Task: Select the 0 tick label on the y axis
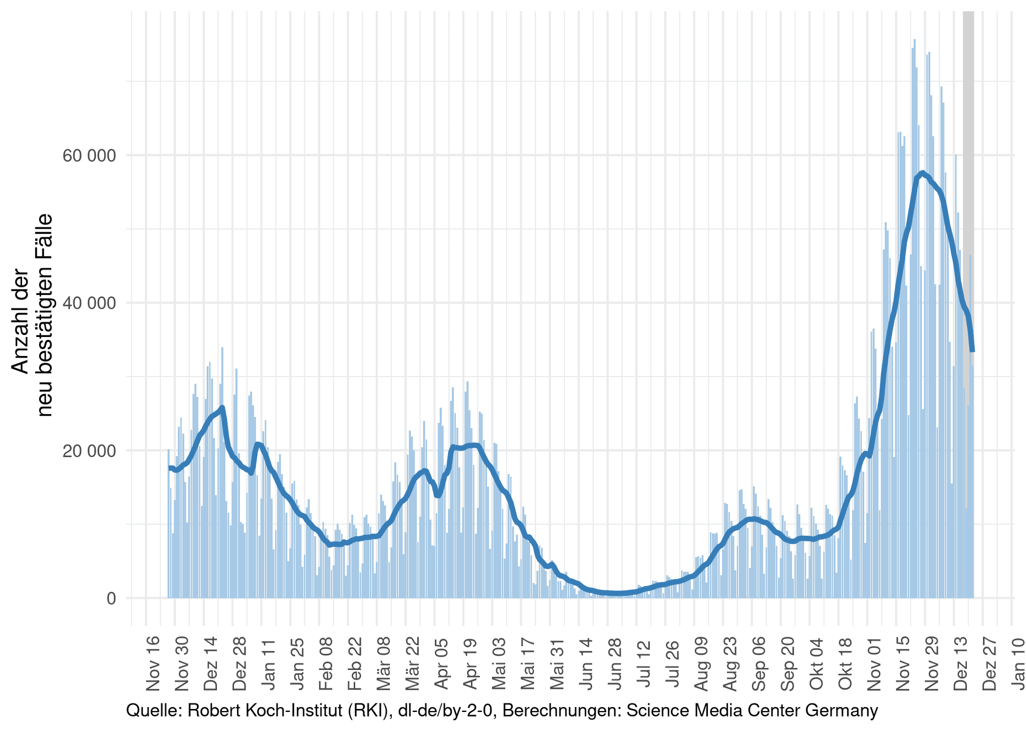(x=111, y=598)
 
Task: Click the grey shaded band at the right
(x=968, y=150)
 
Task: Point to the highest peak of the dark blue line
(x=922, y=173)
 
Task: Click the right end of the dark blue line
(x=972, y=351)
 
